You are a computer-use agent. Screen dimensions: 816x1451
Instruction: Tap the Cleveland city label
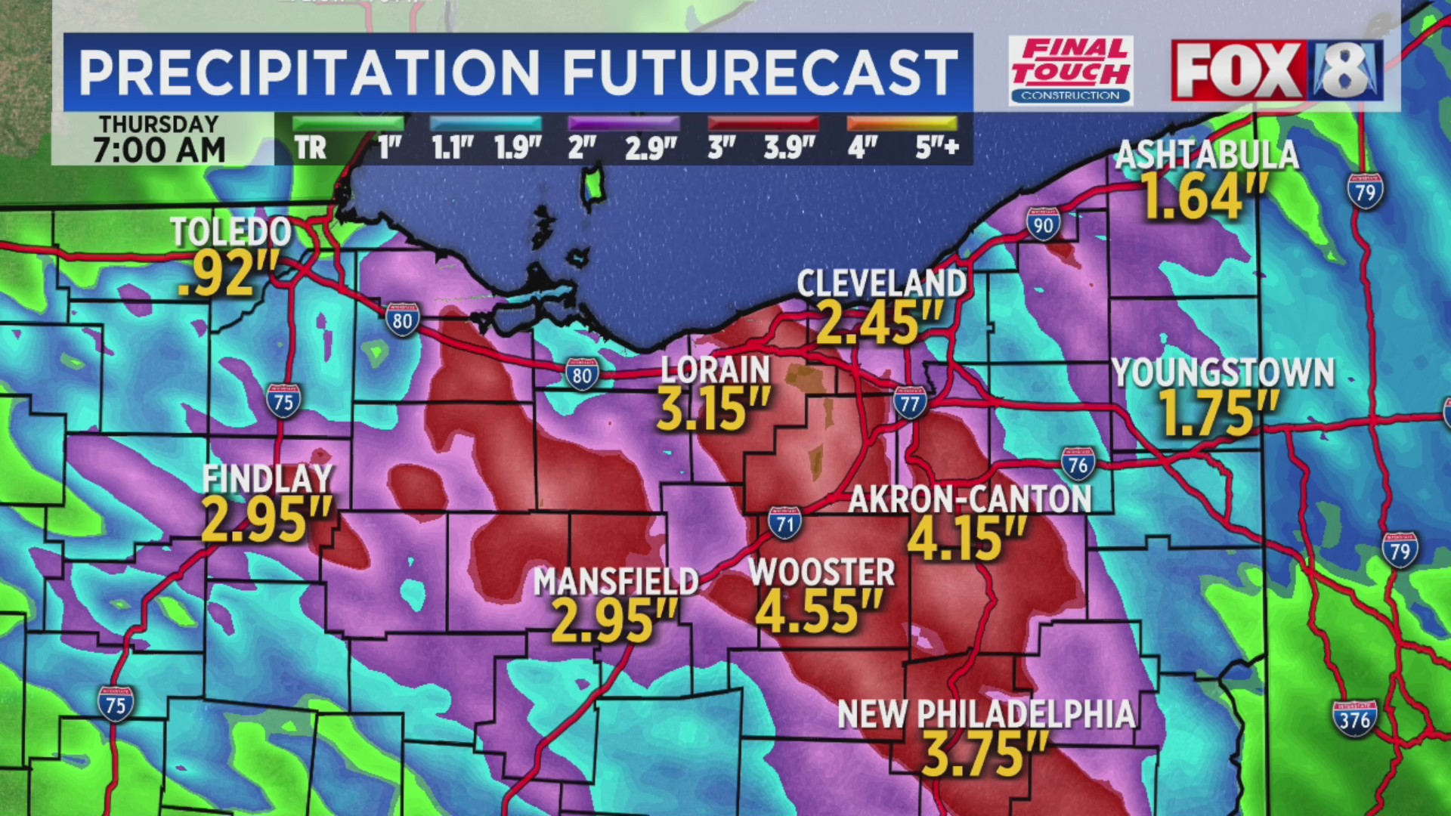click(x=881, y=284)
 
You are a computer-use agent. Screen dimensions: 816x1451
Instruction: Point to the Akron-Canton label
click(x=970, y=499)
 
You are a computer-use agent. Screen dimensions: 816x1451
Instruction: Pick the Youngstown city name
click(x=1222, y=373)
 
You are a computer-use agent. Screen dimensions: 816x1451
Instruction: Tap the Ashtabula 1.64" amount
click(x=1203, y=196)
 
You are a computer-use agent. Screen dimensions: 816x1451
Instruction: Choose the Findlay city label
click(x=268, y=479)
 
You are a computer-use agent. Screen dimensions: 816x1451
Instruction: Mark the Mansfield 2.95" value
click(x=614, y=621)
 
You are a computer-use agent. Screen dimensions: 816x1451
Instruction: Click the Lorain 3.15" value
click(x=713, y=409)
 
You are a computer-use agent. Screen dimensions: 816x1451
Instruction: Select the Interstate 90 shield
click(x=1043, y=224)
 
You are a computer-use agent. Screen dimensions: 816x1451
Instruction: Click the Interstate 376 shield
click(x=1354, y=719)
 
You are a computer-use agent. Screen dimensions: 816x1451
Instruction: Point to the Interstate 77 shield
click(x=910, y=403)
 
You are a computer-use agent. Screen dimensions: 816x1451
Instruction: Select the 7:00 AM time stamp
click(x=159, y=150)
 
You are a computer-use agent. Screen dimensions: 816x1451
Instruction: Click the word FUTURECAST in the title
click(x=760, y=73)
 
